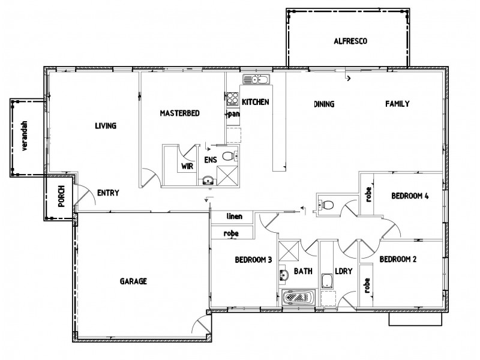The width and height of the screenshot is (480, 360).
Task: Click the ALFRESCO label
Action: click(350, 41)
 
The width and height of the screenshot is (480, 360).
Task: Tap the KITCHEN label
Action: click(255, 103)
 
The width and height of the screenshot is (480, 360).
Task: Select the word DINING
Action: click(323, 104)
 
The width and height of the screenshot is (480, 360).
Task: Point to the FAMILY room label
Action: click(397, 104)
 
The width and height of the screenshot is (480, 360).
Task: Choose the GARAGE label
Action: click(133, 281)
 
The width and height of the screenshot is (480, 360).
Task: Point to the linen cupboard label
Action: click(234, 216)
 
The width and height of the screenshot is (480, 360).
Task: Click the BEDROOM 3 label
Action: click(253, 260)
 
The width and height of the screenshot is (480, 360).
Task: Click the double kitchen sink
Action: click(257, 80)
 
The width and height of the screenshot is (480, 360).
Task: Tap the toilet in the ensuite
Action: click(227, 155)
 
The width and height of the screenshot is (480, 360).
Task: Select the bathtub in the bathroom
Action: click(298, 297)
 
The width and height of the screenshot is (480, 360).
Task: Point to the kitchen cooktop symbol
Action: click(232, 98)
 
